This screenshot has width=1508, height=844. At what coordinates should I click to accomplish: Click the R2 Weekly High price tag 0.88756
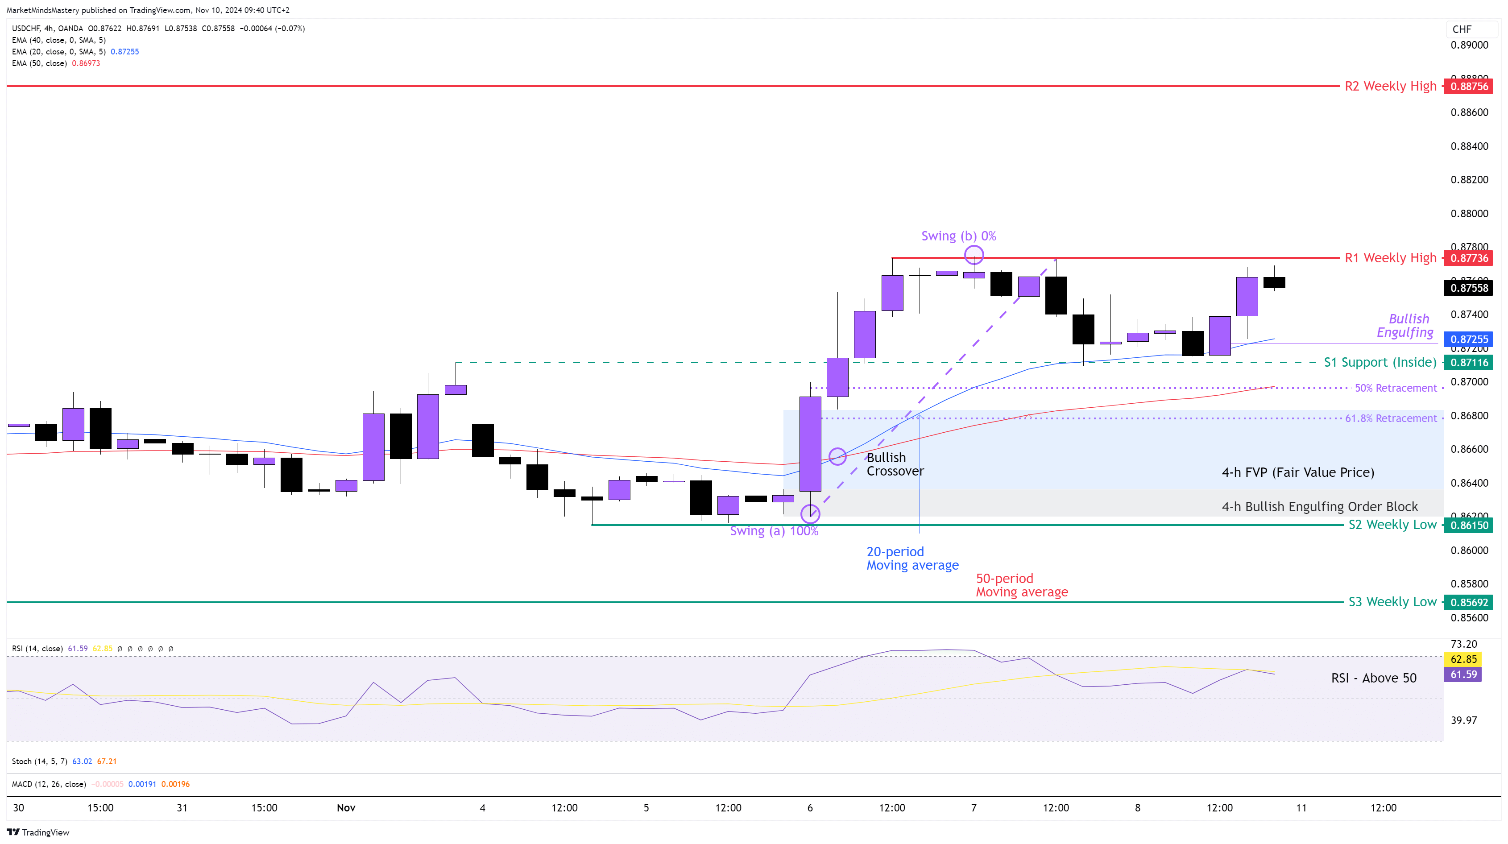(x=1469, y=87)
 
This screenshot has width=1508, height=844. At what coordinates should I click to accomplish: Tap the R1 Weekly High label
(x=1390, y=258)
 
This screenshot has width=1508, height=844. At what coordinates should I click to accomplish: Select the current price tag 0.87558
(x=1469, y=288)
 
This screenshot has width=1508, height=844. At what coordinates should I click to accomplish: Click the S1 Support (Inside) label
(x=1380, y=362)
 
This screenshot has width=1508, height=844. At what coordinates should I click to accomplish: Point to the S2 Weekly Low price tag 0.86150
(x=1469, y=525)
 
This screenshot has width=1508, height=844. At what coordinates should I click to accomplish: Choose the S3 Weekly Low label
(x=1392, y=602)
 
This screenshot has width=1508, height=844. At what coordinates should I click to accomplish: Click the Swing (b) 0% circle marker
(x=974, y=255)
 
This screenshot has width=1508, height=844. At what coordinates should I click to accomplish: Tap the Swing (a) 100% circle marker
(x=810, y=514)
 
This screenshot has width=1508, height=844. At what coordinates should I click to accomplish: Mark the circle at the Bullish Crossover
(x=837, y=456)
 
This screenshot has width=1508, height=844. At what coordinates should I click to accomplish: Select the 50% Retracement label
(x=1396, y=388)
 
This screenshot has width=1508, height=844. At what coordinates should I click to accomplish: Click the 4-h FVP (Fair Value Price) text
(x=1298, y=472)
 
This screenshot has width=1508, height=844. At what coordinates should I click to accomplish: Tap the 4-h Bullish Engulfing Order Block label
(x=1320, y=507)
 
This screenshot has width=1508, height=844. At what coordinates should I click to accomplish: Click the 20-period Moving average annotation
(x=912, y=559)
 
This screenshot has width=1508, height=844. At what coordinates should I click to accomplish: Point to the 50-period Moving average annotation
(x=1022, y=585)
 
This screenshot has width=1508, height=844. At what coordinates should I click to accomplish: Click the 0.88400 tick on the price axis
(x=1469, y=146)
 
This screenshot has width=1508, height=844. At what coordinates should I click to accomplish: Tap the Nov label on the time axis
(x=346, y=808)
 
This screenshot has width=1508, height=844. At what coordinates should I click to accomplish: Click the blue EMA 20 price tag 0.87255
(x=1469, y=339)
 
